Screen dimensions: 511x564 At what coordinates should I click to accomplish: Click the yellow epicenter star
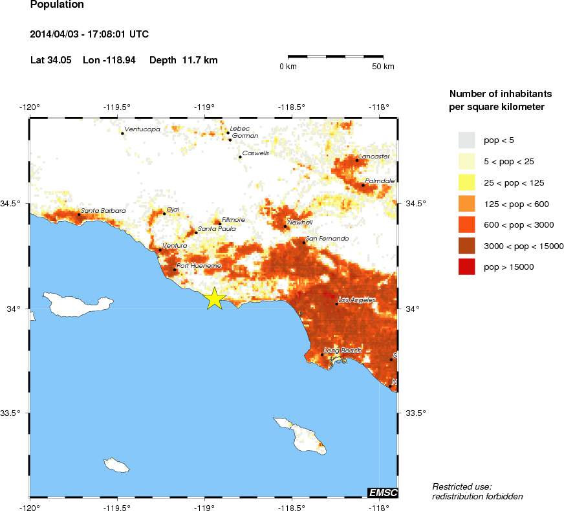pos(215,298)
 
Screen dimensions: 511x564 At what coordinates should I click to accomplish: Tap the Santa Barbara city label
pos(103,210)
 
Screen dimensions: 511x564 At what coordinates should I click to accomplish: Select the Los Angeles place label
pos(357,299)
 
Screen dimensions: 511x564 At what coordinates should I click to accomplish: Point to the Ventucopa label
pos(142,129)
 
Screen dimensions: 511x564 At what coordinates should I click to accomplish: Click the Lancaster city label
pos(374,157)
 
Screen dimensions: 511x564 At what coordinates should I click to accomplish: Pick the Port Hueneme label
pos(199,266)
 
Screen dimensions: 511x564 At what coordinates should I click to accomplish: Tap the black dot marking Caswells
pos(240,157)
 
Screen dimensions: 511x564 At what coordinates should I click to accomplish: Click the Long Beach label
pos(343,351)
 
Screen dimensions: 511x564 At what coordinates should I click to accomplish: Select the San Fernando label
pos(327,239)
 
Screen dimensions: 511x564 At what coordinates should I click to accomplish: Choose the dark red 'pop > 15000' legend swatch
pos(466,266)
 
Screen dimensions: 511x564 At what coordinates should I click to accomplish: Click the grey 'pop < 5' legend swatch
pos(466,140)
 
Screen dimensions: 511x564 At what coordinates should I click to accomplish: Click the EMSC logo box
pos(382,493)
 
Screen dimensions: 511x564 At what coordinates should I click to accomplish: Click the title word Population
pos(57,5)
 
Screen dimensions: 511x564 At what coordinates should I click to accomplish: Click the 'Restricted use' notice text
pos(462,486)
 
